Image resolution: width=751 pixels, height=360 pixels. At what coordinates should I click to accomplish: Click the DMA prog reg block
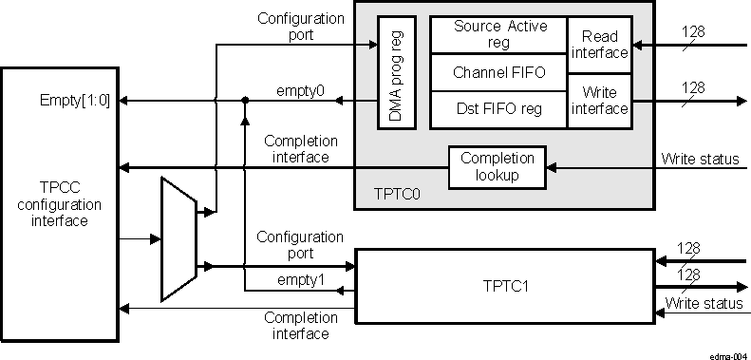click(396, 71)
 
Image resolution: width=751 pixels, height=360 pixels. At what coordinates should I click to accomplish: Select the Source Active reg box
click(499, 34)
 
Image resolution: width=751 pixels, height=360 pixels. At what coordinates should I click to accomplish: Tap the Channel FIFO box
click(499, 72)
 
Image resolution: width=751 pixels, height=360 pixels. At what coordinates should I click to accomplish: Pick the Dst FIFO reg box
click(499, 109)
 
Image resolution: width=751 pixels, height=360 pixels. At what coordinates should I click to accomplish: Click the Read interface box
click(599, 44)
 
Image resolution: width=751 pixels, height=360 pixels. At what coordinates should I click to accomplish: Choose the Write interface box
click(599, 100)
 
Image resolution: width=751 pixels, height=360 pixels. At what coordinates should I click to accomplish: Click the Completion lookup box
click(498, 167)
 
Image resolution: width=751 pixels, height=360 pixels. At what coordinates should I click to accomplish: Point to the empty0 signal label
click(299, 91)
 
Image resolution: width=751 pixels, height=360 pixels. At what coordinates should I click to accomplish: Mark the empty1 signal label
click(301, 280)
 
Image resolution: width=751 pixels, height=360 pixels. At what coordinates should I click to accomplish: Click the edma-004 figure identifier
click(727, 351)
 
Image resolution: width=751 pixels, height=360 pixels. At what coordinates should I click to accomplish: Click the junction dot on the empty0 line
click(246, 100)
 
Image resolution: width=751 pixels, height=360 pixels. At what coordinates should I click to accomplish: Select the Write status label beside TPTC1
click(704, 303)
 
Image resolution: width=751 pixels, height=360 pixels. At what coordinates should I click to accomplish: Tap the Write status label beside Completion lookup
click(700, 158)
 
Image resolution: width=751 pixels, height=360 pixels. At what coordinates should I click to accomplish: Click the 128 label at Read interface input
click(693, 32)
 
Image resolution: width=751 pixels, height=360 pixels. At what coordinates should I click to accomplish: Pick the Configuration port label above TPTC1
click(300, 245)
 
